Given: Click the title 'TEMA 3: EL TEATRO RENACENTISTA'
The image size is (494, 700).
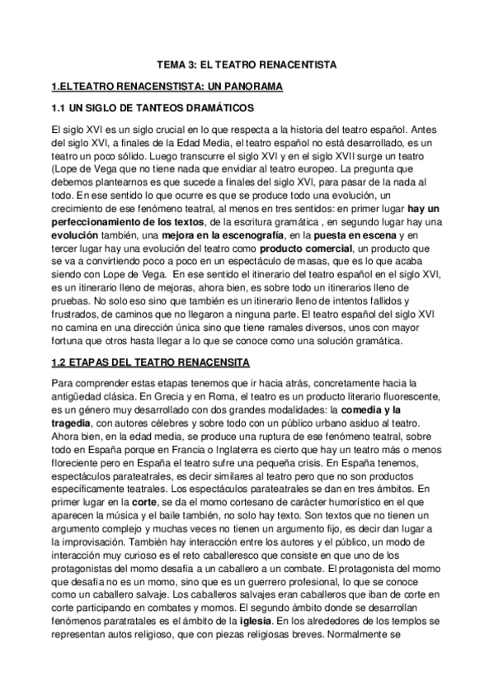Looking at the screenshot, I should pyautogui.click(x=247, y=64).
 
